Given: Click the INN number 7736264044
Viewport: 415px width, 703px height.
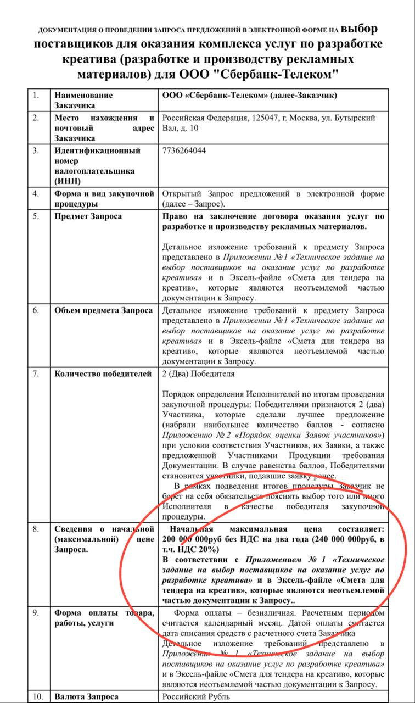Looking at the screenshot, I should [x=184, y=150].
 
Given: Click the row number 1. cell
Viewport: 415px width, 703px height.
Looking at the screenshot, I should [x=36, y=95].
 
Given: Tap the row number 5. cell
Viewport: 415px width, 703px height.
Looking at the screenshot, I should [x=36, y=216].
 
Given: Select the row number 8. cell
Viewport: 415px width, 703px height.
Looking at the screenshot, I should [x=36, y=529].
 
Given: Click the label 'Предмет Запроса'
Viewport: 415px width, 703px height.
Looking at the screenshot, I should [x=88, y=216].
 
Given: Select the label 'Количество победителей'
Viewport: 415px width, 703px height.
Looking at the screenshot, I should [x=103, y=374].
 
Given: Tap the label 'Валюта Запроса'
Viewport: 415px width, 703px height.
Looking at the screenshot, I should [x=86, y=697].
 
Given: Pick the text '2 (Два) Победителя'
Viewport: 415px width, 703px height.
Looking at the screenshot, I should [x=198, y=374].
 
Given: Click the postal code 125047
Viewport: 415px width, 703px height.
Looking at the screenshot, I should [x=266, y=118].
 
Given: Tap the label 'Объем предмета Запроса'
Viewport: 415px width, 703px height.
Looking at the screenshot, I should [x=103, y=310].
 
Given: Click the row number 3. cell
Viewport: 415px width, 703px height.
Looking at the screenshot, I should [x=36, y=150].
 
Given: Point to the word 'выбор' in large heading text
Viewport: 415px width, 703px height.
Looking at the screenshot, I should [x=359, y=28].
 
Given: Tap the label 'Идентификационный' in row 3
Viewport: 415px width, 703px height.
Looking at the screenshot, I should [x=97, y=150].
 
